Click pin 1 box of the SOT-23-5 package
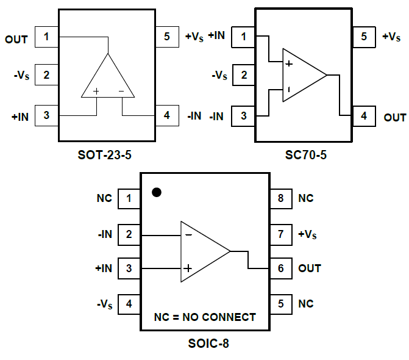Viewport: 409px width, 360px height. point(46,37)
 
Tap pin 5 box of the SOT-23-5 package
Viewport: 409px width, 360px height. point(166,37)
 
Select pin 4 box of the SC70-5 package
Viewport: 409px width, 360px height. point(364,115)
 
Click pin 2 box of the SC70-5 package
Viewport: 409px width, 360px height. point(244,76)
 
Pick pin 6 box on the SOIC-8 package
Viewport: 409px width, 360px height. point(280,268)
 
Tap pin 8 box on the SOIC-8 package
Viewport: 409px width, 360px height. point(280,198)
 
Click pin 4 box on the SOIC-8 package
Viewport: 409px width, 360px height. point(129,303)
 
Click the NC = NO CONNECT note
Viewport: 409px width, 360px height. point(205,317)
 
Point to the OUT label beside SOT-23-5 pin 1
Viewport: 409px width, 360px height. point(16,40)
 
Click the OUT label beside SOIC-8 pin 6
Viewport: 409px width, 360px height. point(310,268)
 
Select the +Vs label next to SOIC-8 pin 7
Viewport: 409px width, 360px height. point(307,234)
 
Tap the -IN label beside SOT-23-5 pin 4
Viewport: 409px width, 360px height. point(194,116)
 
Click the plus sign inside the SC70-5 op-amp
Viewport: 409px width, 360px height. point(289,63)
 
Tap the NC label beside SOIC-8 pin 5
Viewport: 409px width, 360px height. point(305,304)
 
